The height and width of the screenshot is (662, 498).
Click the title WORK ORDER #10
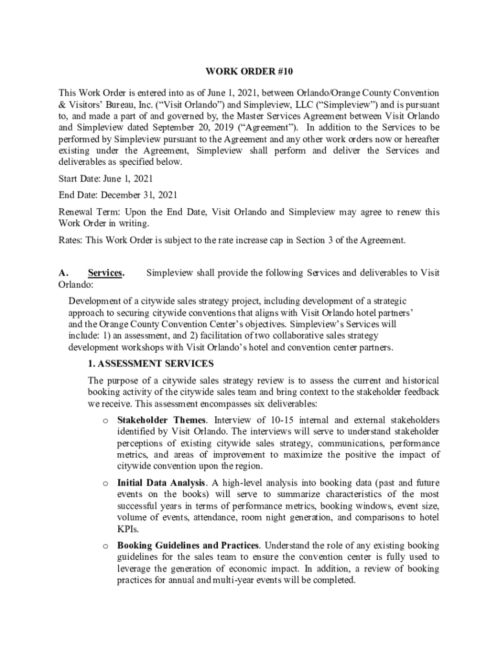249,72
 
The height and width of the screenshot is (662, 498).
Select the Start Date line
106,178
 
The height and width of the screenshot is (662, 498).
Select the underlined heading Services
105,273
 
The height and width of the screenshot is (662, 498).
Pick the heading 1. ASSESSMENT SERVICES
151,364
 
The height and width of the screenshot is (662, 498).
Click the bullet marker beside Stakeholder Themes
105,420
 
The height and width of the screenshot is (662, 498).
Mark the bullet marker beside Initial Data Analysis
105,484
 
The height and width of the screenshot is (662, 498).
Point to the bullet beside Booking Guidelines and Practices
105,546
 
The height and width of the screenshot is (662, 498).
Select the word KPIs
128,529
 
